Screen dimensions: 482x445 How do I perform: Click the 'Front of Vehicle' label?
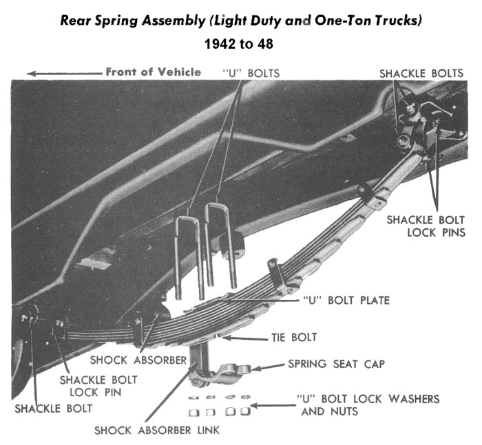tap(154, 72)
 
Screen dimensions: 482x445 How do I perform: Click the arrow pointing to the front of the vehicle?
tap(65, 74)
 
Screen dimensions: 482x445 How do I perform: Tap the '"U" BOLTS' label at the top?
tap(251, 74)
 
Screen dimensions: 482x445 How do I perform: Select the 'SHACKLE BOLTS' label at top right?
tap(421, 74)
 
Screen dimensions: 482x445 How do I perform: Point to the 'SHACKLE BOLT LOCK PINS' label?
tap(426, 226)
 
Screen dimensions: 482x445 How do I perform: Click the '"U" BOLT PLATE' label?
tap(346, 300)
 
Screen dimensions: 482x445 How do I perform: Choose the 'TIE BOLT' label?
tap(294, 337)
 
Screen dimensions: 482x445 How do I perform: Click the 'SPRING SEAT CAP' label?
tap(336, 364)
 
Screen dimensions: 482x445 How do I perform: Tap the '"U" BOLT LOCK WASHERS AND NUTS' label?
tap(368, 405)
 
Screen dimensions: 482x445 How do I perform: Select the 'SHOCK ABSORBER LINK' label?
tap(157, 431)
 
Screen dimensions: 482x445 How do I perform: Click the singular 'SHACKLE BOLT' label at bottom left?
tap(54, 409)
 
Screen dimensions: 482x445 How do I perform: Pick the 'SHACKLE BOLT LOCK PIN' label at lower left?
tap(98, 386)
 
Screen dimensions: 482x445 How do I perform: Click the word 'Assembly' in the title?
tap(174, 21)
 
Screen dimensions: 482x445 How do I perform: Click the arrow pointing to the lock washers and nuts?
tap(273, 406)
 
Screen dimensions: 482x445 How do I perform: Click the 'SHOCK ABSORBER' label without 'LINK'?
tap(138, 360)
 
